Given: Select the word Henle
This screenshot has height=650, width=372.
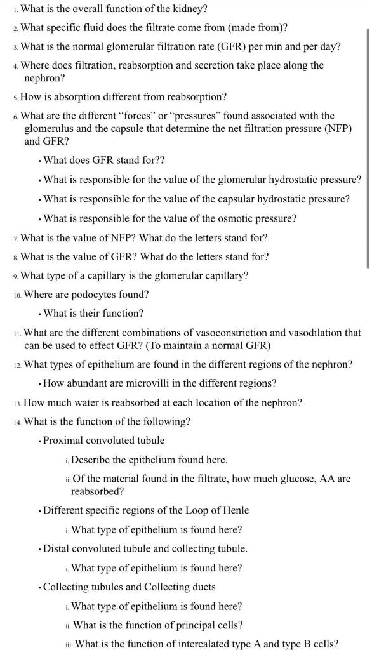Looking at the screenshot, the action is [x=234, y=510].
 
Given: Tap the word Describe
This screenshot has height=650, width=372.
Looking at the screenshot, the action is [x=93, y=460].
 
